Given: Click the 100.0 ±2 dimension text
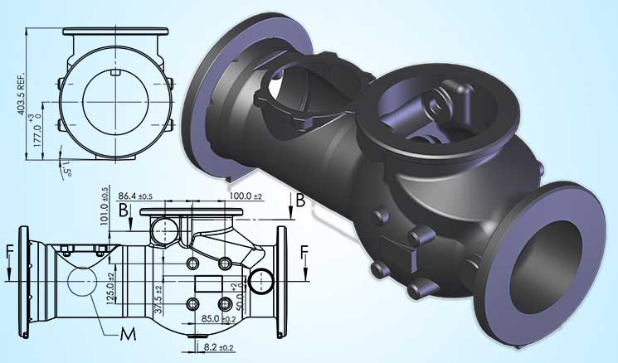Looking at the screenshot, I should pos(248,195).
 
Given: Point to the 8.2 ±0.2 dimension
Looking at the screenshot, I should pos(216,349).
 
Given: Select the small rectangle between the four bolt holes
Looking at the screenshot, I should pos(209,284).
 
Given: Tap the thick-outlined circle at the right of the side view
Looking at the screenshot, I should pos(262,281).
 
